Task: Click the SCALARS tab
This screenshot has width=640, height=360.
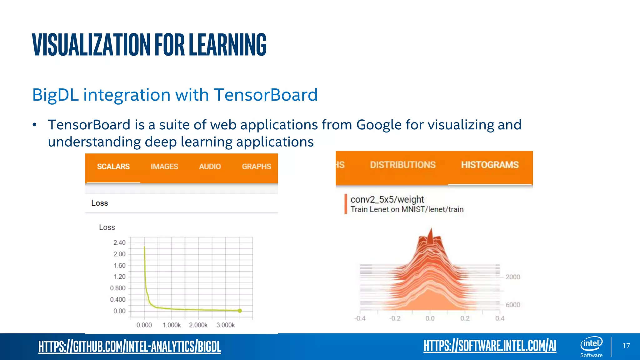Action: [x=113, y=167]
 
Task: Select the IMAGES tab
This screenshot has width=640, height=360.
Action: [x=164, y=167]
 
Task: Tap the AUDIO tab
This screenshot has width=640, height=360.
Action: [x=210, y=167]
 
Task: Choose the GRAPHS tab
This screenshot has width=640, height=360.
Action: [x=257, y=167]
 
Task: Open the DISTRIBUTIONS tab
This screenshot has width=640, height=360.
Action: [x=403, y=165]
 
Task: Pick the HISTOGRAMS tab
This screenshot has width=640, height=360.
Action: [x=490, y=165]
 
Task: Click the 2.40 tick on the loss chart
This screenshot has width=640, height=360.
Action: [x=119, y=243]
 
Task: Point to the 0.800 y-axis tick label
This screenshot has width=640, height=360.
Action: [x=118, y=288]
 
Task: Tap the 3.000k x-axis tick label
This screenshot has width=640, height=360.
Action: [x=225, y=325]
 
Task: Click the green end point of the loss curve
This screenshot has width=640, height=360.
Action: [x=240, y=311]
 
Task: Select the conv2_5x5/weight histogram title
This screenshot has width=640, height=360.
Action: [x=387, y=199]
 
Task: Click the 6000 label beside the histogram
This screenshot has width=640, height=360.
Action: [x=513, y=305]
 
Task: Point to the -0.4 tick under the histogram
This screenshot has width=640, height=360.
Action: [x=360, y=318]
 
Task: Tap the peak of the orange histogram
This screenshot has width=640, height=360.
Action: [x=431, y=230]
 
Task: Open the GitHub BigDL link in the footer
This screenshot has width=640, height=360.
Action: [x=130, y=347]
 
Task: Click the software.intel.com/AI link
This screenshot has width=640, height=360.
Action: [x=490, y=346]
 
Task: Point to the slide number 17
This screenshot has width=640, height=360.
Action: [x=626, y=346]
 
